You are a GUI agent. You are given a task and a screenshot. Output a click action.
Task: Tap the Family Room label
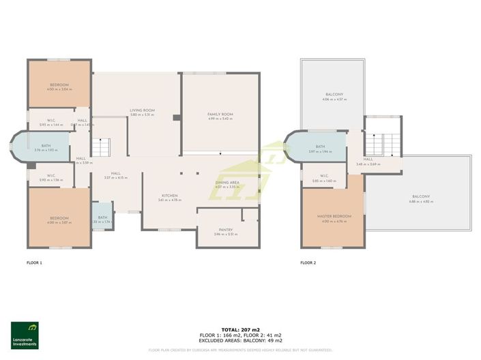[220, 114]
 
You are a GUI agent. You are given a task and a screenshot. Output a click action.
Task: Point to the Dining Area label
[227, 182]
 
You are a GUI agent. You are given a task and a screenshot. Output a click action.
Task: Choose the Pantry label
[226, 230]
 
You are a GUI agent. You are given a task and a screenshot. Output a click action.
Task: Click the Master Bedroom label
[334, 216]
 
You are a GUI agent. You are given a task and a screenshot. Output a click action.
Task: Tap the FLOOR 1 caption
[34, 262]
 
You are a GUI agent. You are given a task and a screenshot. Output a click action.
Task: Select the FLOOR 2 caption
[309, 262]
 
